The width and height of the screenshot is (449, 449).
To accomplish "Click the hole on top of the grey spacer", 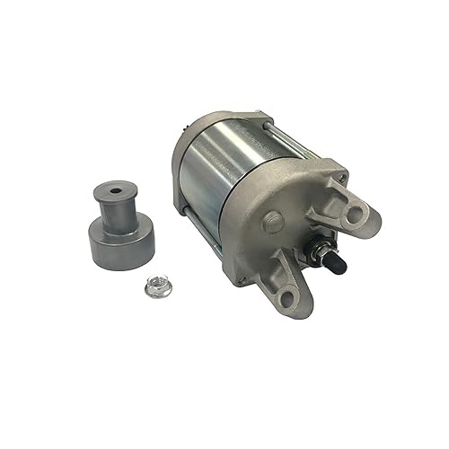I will pos(117,190).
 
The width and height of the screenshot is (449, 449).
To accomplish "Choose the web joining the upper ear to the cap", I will pos(319,202).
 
